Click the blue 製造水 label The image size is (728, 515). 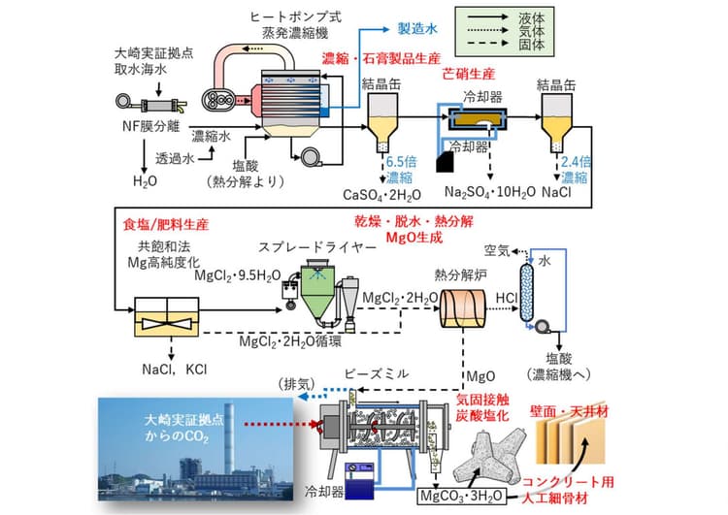[417, 29]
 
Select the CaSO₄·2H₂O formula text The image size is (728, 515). [381, 195]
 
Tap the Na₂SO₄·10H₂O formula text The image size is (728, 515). [490, 192]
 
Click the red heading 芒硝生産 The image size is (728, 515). [469, 74]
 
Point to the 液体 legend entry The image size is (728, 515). [532, 17]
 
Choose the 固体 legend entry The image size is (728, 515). [532, 45]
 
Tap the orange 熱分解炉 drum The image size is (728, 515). [463, 308]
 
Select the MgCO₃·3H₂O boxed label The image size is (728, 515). [461, 496]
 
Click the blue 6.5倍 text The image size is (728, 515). [402, 162]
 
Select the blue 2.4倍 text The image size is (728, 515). [577, 161]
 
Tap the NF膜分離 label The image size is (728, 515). [150, 126]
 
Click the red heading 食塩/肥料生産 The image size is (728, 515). [166, 225]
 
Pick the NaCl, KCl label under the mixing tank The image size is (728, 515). [174, 370]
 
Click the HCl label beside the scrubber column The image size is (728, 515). [506, 298]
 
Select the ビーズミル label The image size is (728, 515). [377, 373]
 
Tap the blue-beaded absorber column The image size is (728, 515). [526, 292]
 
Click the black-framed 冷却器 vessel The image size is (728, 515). [478, 118]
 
